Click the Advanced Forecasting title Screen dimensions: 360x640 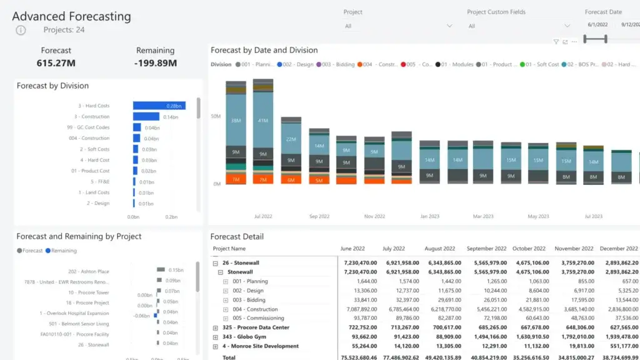pyautogui.click(x=72, y=17)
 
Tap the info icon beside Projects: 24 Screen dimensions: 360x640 pyautogui.click(x=21, y=30)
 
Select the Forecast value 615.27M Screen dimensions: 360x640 pyautogui.click(x=56, y=62)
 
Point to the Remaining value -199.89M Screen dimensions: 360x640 pyautogui.click(x=155, y=62)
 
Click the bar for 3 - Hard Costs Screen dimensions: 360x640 pyautogui.click(x=159, y=106)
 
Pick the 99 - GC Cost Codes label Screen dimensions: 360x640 pyautogui.click(x=88, y=127)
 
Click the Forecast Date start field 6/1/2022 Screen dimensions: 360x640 pyautogui.click(x=598, y=25)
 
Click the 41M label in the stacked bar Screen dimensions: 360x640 pyautogui.click(x=262, y=120)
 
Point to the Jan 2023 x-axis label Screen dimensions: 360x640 pyautogui.click(x=429, y=216)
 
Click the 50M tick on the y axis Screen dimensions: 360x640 pyautogui.click(x=216, y=116)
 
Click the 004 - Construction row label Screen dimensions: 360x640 pyautogui.click(x=255, y=309)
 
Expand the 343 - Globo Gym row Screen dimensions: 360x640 pyautogui.click(x=216, y=337)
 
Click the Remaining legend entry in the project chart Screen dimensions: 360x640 pyautogui.click(x=64, y=251)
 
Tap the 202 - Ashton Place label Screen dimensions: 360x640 pyautogui.click(x=89, y=271)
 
